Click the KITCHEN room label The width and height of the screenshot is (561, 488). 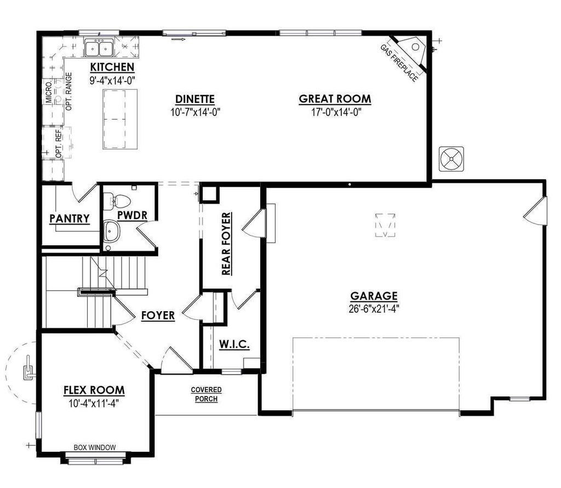click(112, 67)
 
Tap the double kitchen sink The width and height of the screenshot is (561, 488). click(99, 48)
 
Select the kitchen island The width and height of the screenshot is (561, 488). click(119, 119)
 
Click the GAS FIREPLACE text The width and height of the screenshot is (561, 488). click(399, 62)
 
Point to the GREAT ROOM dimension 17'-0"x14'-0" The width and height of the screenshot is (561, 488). click(334, 112)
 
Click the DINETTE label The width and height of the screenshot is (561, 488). click(194, 99)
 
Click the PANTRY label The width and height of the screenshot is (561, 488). click(70, 219)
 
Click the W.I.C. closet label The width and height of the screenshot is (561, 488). click(234, 345)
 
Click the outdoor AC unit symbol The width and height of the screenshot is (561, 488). click(451, 159)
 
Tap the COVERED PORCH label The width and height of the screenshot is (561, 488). click(206, 394)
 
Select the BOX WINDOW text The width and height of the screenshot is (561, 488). click(95, 447)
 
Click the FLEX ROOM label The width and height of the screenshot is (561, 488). click(94, 391)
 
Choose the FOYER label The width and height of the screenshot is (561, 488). click(158, 315)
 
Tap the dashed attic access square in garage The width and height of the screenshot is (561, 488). click(386, 225)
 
